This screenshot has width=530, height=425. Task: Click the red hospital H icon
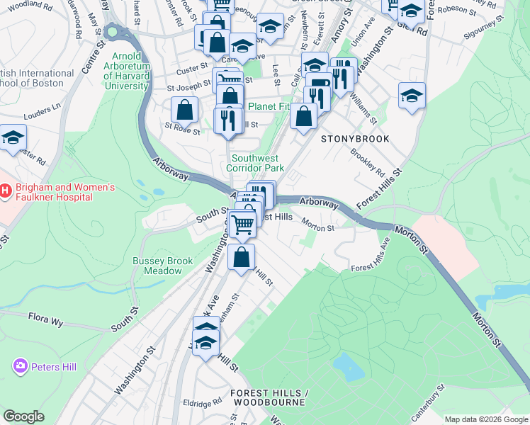[x=6, y=191]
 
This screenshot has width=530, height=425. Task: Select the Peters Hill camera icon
[x=20, y=365]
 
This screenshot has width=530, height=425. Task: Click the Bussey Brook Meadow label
[x=162, y=266]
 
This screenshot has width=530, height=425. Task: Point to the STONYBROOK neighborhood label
[x=355, y=139]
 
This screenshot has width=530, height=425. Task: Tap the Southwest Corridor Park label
[x=255, y=163]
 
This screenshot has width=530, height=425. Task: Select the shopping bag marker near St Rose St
[x=184, y=110]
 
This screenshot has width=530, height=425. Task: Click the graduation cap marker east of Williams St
[x=412, y=95]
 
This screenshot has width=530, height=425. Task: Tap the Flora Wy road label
[x=46, y=319]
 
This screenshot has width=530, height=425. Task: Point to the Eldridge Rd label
[x=207, y=402]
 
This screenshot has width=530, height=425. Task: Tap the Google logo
[x=23, y=416]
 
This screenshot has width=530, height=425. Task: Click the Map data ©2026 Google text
[x=486, y=419]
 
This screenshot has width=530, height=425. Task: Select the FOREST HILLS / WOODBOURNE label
[x=268, y=397]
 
